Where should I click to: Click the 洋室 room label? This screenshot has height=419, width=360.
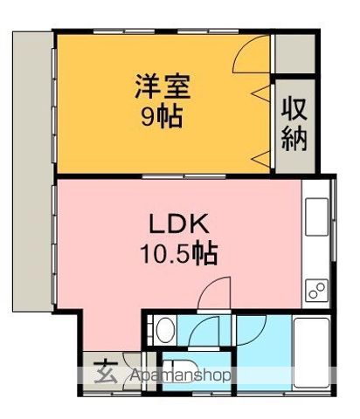163,86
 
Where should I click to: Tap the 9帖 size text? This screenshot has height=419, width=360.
162,116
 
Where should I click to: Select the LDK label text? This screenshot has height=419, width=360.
179,223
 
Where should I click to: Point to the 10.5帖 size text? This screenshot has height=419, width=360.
179,253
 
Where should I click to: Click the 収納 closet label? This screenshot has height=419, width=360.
294,124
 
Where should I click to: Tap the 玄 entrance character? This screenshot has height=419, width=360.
106,372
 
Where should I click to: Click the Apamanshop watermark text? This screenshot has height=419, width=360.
180,375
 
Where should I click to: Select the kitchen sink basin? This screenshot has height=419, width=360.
316,216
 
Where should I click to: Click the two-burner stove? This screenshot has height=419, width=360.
316,290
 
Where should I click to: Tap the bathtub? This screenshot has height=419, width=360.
311,353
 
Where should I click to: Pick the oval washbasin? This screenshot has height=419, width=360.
166,330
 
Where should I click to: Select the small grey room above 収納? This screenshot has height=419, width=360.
295,54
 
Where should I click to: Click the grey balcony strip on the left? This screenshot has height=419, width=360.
32,172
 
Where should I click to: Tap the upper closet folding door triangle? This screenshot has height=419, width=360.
261,93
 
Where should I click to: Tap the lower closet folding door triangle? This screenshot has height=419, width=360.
261,159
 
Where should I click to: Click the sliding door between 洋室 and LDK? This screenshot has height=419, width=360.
184,176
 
